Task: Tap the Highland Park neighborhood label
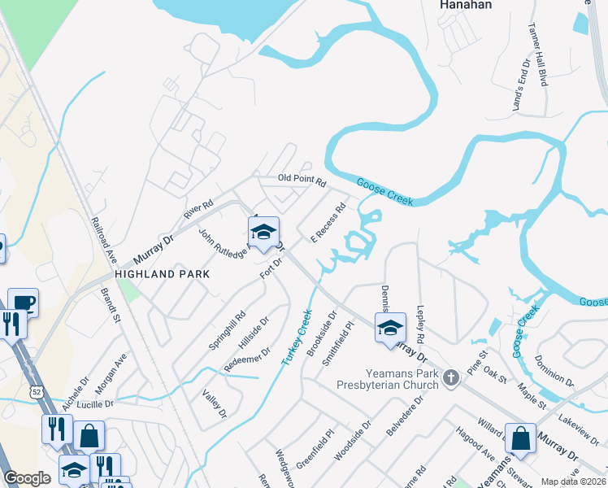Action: tap(163, 274)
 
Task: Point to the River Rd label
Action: tap(198, 210)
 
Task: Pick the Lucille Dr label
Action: tap(97, 403)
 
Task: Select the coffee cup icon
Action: tap(24, 302)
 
